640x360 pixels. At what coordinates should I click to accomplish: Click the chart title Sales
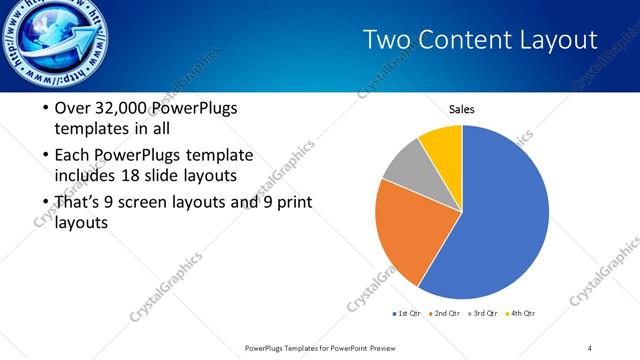461,109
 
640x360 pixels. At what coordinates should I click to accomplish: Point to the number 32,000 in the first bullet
117,108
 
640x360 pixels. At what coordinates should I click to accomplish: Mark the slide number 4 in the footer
590,347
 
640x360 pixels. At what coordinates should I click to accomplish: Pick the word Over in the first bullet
72,108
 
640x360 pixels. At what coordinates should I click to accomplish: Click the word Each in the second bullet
72,155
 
